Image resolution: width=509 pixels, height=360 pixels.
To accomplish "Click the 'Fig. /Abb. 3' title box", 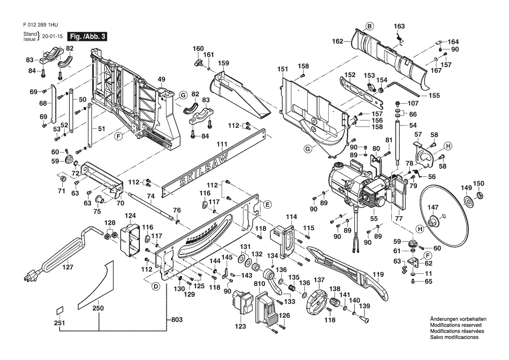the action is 87,36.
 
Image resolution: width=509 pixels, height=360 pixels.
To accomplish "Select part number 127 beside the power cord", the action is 67,267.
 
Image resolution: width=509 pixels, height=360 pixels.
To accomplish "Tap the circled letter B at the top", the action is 369,26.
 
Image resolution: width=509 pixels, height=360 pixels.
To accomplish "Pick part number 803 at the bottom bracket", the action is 177,320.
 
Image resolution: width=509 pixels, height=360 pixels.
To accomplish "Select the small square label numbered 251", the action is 60,310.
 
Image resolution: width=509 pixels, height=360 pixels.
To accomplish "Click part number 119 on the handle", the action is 378,275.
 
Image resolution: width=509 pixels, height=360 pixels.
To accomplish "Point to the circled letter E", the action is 267,204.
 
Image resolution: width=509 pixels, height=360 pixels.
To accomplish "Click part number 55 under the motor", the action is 374,219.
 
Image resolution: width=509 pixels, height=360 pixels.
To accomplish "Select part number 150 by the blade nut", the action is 479,183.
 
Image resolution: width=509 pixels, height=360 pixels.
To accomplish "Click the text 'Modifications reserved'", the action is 456,325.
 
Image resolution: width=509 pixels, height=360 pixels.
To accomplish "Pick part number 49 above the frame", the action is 162,79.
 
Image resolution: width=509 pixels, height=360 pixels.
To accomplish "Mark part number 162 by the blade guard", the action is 337,41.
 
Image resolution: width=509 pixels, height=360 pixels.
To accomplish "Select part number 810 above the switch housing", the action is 260,284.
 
